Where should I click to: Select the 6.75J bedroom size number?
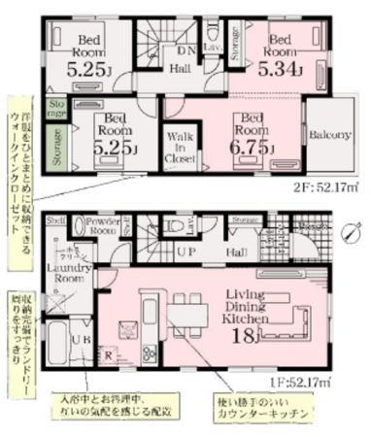(x=253, y=145)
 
